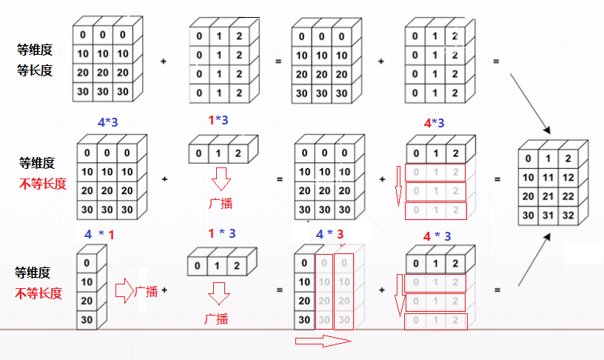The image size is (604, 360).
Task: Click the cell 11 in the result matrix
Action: tap(548, 178)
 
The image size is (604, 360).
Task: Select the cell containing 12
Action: tap(568, 178)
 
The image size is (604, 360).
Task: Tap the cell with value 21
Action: tap(548, 196)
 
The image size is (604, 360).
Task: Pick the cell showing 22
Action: tap(568, 196)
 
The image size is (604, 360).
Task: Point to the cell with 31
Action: tap(548, 216)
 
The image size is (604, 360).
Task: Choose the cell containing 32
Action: tap(568, 216)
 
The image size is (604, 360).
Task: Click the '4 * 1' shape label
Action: tap(98, 234)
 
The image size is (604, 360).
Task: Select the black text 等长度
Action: tap(35, 70)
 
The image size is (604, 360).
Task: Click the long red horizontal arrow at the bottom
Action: tap(323, 341)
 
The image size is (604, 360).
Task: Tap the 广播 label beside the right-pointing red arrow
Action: tap(146, 292)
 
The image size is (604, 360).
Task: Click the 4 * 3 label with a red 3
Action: tap(330, 234)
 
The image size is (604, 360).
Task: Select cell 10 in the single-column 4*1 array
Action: tap(87, 282)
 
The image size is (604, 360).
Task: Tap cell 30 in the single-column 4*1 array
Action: tap(87, 321)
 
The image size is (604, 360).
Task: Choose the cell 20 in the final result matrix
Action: tap(528, 196)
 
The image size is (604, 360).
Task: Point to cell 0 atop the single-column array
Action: tap(87, 263)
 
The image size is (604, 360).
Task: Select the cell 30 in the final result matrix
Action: tap(528, 216)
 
